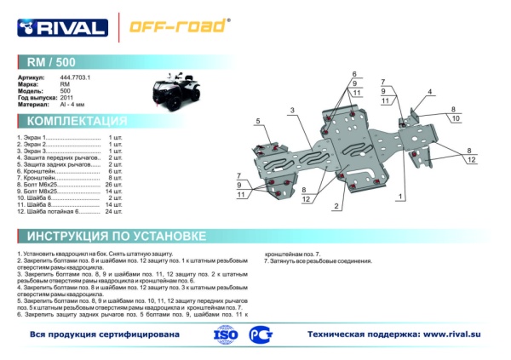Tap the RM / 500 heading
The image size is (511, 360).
[50, 62]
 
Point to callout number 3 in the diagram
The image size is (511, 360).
[291, 111]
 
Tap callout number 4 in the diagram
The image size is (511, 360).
[430, 92]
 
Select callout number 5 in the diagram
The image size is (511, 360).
[256, 123]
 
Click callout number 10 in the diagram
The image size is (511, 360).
[456, 118]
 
